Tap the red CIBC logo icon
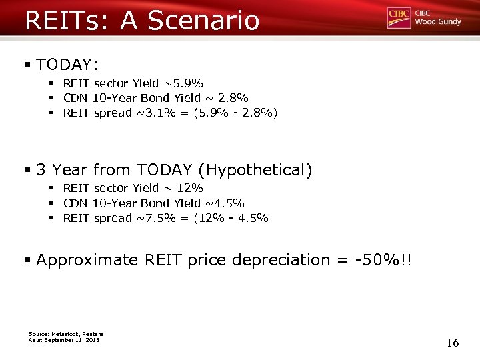pos(399,18)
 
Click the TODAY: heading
pos(67,65)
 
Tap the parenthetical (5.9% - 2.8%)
pos(235,113)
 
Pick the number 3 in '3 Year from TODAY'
pos(41,170)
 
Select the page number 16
pos(453,343)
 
